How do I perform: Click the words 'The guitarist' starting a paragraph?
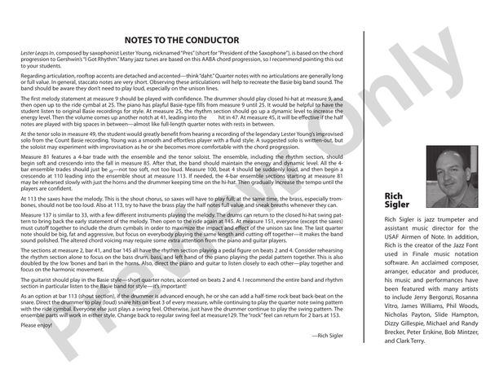click(x=38, y=280)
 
